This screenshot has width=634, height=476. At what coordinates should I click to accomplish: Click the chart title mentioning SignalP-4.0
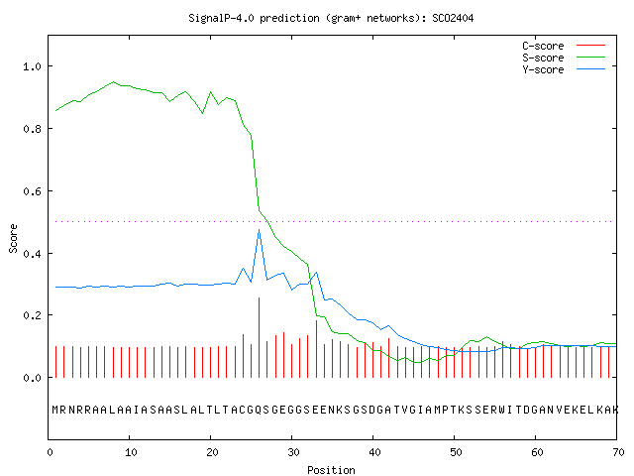pos(331,18)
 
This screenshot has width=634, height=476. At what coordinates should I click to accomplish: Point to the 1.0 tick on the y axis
pos(32,66)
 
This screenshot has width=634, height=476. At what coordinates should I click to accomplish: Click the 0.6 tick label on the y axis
pos(32,191)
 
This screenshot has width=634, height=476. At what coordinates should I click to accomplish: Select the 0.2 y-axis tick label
pos(32,315)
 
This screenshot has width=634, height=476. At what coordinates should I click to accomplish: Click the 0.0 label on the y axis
pos(32,378)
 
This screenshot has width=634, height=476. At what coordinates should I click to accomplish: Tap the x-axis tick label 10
pos(131,452)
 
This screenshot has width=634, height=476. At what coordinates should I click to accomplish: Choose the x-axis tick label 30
pos(293,452)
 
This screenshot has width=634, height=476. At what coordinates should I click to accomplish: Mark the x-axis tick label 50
pos(456,452)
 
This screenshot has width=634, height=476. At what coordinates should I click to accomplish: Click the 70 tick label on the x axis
pos(618,452)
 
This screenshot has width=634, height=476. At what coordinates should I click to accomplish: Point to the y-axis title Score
pos(13,238)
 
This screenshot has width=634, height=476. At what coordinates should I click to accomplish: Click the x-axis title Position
pos(331,470)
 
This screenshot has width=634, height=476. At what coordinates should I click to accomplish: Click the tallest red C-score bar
pos(259,337)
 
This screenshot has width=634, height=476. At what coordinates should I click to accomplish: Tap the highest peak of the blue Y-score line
pos(259,230)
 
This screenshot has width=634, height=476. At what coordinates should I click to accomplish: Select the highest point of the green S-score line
pos(113,81)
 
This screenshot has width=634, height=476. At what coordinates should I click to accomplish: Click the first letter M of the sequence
pos(55,410)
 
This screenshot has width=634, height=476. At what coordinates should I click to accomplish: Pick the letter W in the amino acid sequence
pos(502,410)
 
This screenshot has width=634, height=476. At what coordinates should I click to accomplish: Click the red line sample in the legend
pos(590,46)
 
